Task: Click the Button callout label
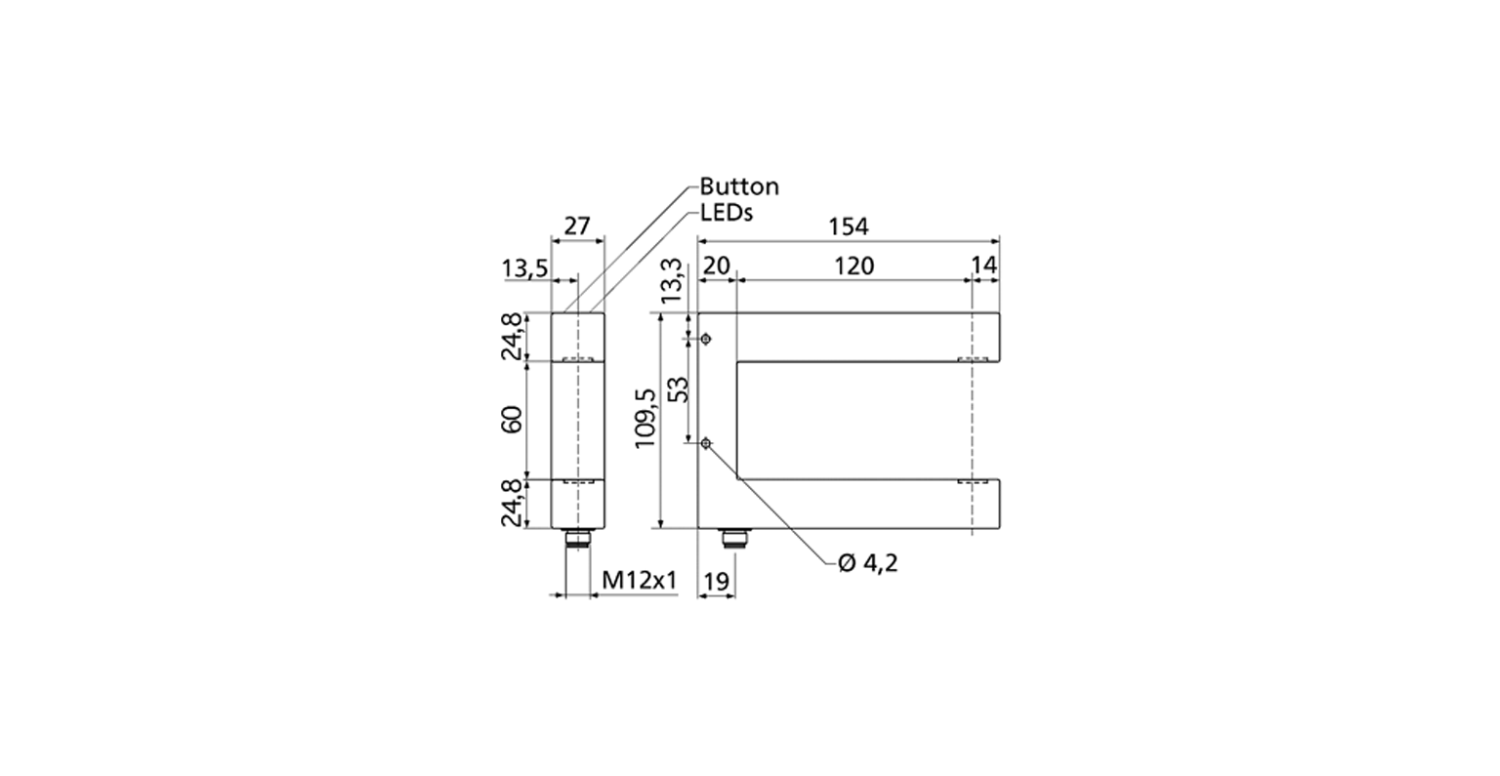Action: [739, 186]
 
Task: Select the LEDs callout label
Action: [727, 213]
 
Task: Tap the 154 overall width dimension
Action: [848, 227]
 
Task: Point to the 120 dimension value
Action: [854, 266]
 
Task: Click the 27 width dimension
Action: [576, 226]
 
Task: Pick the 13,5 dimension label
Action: [525, 269]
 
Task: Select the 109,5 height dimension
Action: [646, 419]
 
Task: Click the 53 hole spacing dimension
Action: [679, 389]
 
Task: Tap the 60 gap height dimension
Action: [512, 420]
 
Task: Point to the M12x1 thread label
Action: [641, 581]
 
